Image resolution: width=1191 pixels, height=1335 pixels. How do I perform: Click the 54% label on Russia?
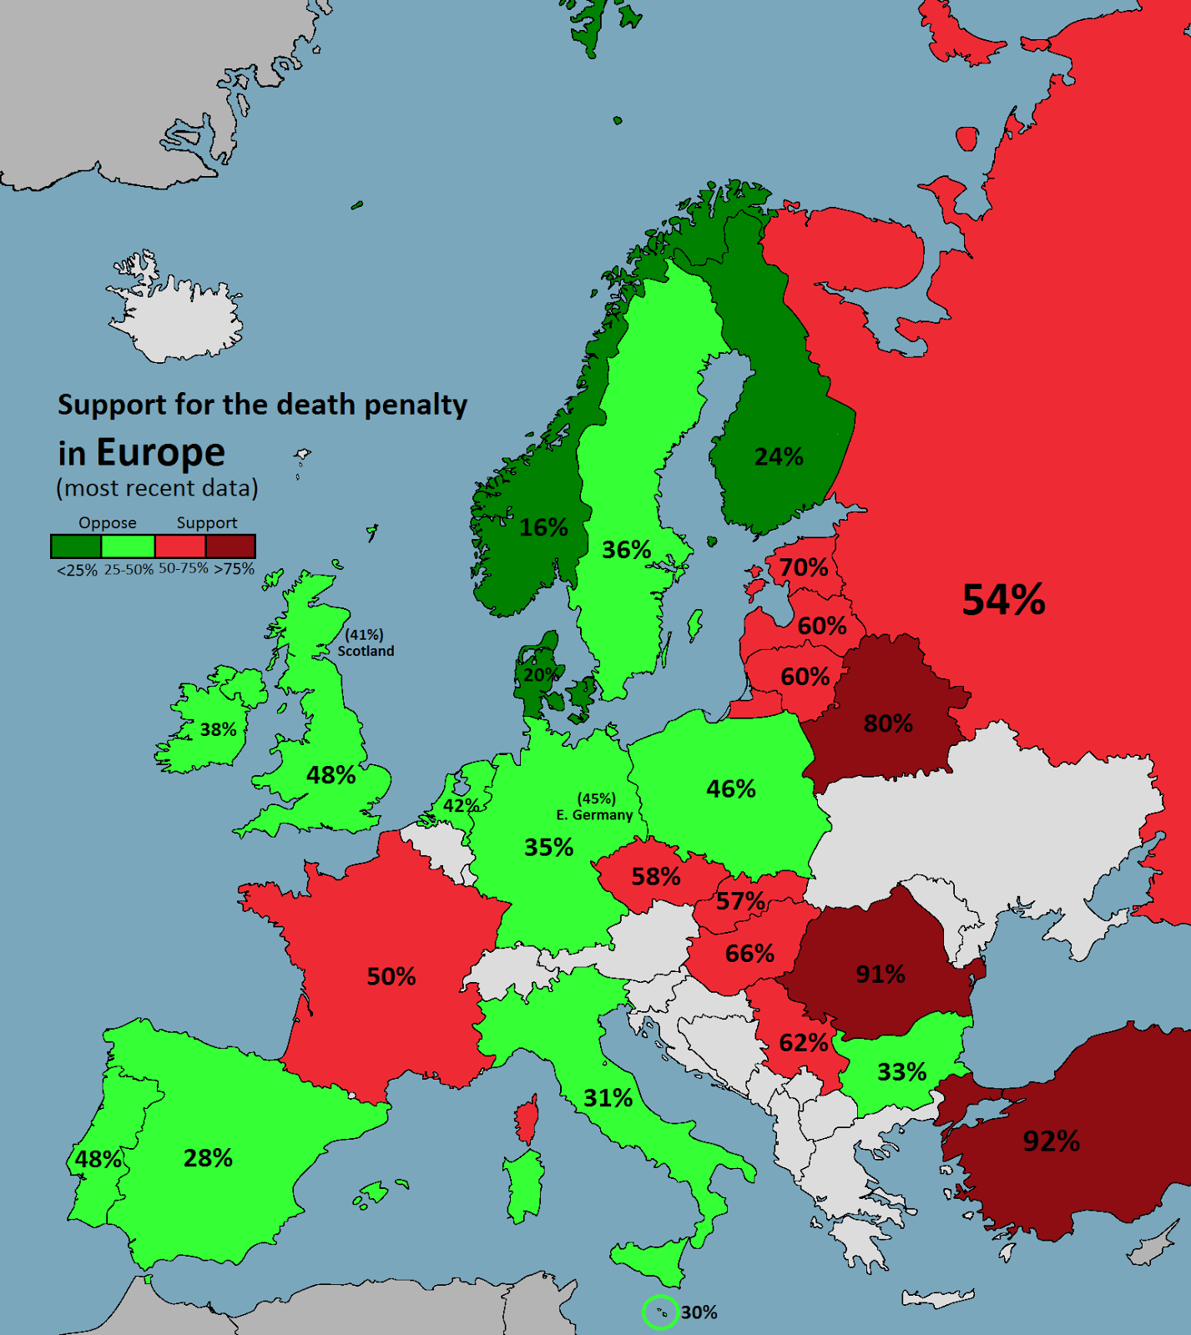tap(1003, 600)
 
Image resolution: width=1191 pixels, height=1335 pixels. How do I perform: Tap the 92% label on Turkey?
tap(1051, 1141)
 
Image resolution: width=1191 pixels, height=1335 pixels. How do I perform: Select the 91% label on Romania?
tap(881, 974)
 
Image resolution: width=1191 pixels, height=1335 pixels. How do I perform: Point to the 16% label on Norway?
tap(543, 527)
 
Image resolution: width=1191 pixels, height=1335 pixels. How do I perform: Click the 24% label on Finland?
tap(779, 456)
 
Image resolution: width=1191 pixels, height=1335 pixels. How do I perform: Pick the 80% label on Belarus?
tap(888, 723)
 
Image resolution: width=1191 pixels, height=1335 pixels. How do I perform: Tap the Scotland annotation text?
tap(366, 651)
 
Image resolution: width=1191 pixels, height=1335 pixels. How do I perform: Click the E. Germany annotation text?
tap(594, 814)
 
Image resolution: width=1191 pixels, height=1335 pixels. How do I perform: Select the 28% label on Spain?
tap(208, 1157)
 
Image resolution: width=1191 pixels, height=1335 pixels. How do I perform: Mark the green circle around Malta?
tap(660, 1312)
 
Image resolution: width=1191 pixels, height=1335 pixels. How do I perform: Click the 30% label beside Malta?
tap(699, 1312)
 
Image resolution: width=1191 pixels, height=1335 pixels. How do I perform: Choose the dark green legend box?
tap(76, 546)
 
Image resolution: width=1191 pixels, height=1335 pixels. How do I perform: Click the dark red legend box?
tap(230, 546)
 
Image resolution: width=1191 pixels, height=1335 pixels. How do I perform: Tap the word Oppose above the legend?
tap(108, 523)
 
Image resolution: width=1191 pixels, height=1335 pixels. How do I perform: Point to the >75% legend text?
tap(234, 569)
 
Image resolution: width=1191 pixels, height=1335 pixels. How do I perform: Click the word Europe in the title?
tap(160, 452)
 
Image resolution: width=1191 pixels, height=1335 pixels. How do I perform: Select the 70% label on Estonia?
tap(804, 567)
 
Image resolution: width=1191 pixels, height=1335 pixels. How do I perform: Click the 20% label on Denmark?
tap(539, 674)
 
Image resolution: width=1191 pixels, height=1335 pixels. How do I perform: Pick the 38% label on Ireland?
tap(218, 729)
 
